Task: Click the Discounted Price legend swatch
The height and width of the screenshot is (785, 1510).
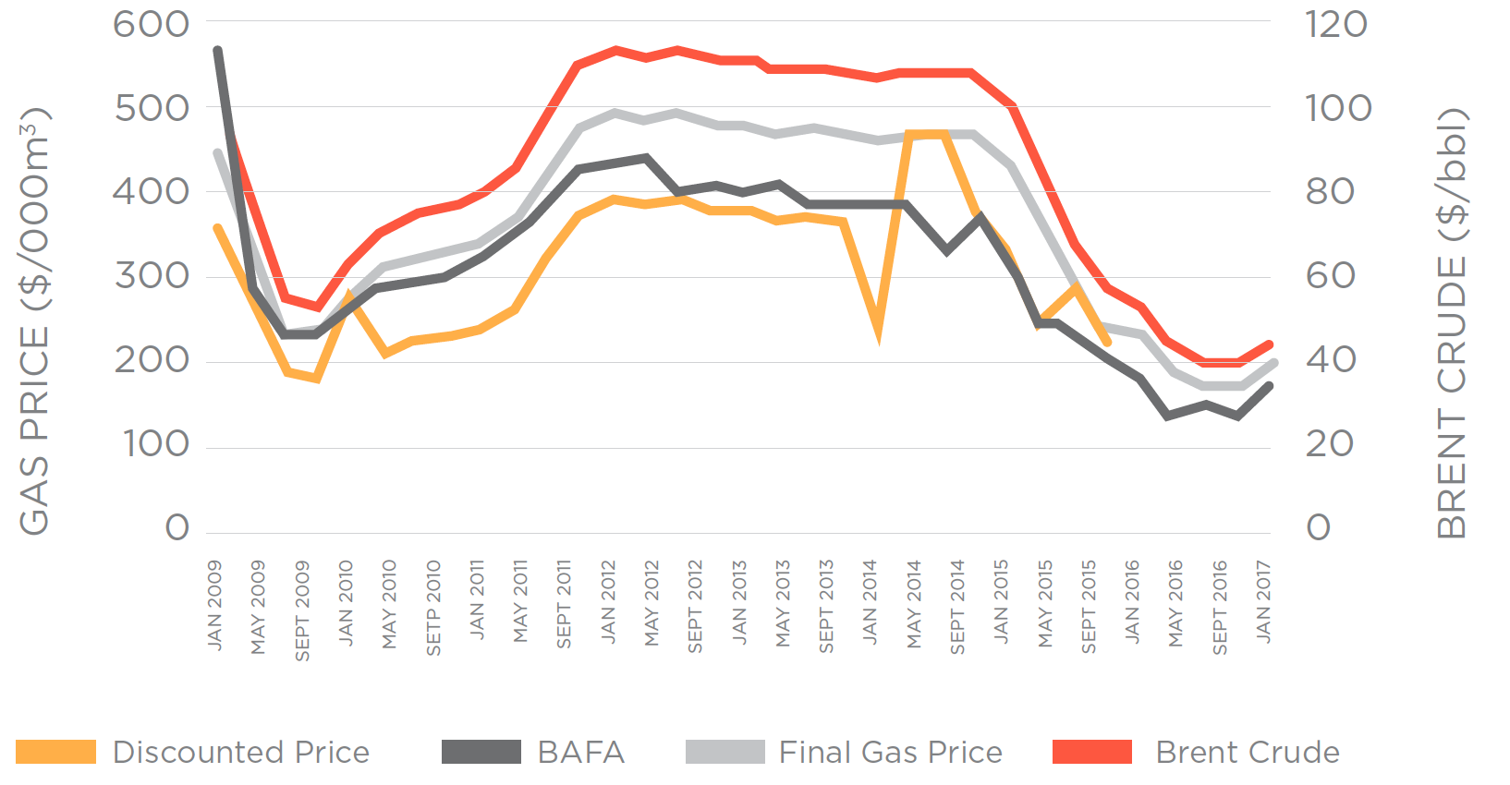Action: [55, 752]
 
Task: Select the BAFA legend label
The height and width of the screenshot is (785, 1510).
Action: [580, 753]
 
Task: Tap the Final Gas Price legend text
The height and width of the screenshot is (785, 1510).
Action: [890, 753]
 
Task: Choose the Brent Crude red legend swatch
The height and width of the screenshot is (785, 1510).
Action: [1091, 752]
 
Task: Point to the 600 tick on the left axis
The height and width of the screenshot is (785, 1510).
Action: [152, 24]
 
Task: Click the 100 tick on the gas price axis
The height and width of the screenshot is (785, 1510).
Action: [156, 444]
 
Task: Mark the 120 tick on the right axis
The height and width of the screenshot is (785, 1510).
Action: [1336, 24]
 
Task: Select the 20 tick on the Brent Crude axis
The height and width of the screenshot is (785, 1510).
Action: [1330, 444]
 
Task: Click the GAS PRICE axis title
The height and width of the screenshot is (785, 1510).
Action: [35, 320]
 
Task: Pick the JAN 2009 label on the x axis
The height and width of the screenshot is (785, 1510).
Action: [214, 605]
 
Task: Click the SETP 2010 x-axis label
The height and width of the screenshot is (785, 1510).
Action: [433, 608]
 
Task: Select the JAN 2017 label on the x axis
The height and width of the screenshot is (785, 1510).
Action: [1263, 602]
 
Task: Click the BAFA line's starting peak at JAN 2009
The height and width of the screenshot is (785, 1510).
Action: [217, 50]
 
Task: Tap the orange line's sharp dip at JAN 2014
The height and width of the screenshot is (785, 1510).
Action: [877, 334]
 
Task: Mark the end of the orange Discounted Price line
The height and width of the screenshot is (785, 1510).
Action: [1107, 343]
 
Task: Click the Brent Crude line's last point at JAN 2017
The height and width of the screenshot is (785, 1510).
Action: [1269, 344]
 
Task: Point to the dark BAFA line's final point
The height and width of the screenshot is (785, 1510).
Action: [1269, 385]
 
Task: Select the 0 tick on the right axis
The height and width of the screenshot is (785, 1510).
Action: [1319, 528]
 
